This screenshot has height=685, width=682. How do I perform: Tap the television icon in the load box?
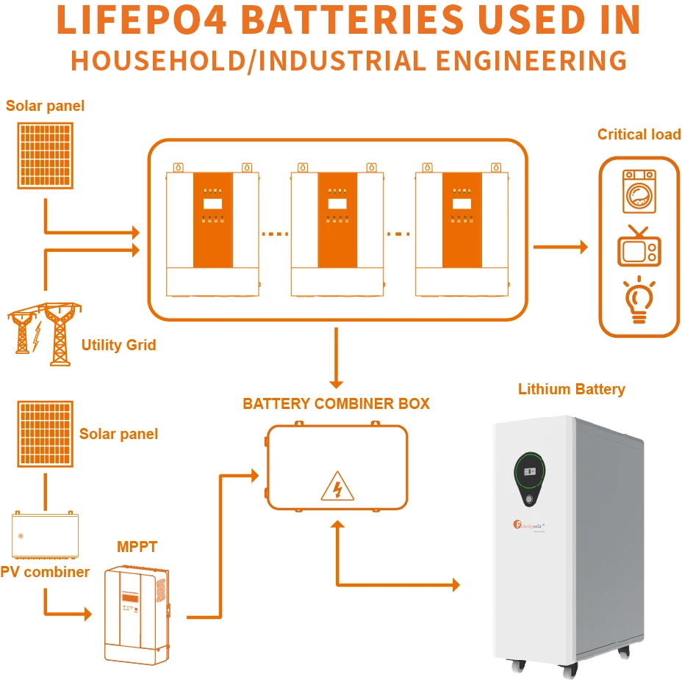639,247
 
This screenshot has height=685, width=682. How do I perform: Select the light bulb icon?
639,300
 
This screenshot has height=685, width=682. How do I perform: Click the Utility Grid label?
118,345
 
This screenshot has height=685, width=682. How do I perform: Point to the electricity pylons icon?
44,334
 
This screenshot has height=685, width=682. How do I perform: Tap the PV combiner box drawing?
46,535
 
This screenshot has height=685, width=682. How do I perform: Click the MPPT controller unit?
137,614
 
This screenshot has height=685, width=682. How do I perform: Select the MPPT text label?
137,547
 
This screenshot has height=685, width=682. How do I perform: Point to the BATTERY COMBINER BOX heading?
336,404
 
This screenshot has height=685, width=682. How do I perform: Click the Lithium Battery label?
571,389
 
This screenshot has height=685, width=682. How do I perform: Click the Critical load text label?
639,134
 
